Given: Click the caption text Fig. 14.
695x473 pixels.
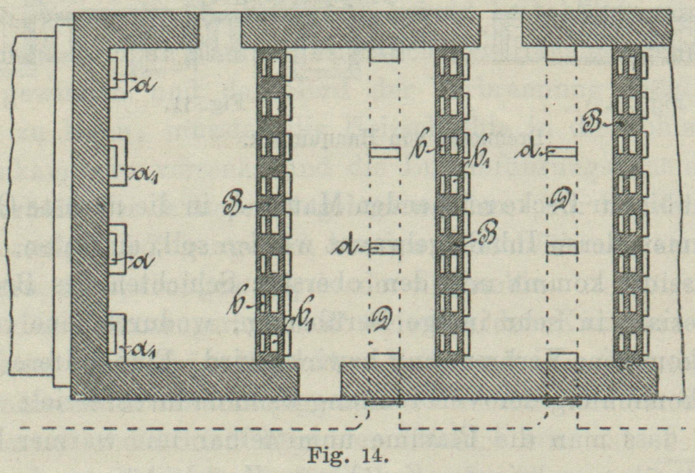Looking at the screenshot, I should (x=347, y=455).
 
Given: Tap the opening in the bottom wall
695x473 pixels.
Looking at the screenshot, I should (x=320, y=380).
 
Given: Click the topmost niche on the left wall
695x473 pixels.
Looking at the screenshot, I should (x=117, y=73).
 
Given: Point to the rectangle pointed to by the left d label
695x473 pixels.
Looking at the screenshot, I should (x=385, y=248).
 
